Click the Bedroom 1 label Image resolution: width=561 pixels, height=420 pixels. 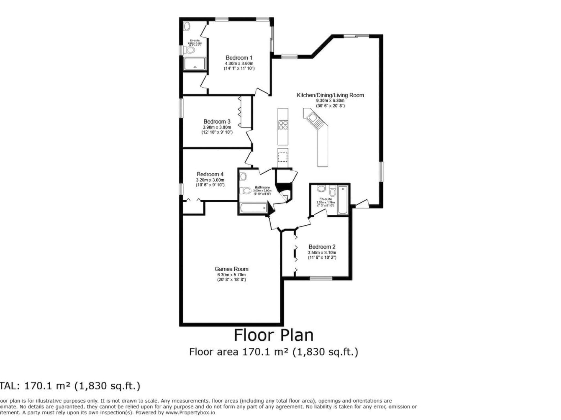click(239, 58)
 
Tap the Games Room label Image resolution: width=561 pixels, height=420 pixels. click(231, 269)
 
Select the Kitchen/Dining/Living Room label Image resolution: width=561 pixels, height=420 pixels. click(330, 95)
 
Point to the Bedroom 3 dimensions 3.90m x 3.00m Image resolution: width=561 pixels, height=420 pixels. click(217, 127)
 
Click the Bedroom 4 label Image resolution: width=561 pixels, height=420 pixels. click(210, 174)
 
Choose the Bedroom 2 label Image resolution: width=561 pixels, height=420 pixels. click(322, 247)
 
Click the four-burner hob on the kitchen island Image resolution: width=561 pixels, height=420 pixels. click(283, 126)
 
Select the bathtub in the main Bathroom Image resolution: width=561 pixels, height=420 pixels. click(254, 208)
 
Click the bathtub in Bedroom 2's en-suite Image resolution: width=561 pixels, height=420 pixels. click(342, 200)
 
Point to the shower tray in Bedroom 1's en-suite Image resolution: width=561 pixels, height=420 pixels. click(195, 64)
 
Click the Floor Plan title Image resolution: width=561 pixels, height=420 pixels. click(273, 335)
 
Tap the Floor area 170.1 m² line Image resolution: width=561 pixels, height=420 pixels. click(273, 352)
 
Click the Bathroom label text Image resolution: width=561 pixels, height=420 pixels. click(262, 187)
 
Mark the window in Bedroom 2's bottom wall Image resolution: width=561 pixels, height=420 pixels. click(321, 278)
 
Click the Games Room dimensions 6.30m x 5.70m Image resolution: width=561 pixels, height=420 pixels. click(231, 275)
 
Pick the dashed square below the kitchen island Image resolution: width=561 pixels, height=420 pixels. click(283, 157)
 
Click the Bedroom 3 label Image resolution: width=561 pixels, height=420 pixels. click(217, 121)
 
